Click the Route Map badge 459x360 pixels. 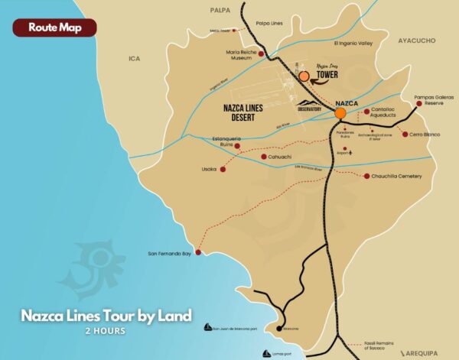coord(54,27)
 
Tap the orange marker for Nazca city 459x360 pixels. coord(340,113)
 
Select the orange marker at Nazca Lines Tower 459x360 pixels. coord(304,76)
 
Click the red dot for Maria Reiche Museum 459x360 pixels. coord(261,54)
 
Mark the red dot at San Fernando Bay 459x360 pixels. coord(198,252)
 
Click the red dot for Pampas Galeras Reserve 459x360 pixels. coord(418,103)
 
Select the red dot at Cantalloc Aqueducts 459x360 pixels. coord(367,111)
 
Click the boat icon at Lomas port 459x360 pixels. coord(265,353)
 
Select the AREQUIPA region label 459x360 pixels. coord(428,354)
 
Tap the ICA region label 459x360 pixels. coord(135,58)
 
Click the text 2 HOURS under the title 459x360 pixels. coord(106,331)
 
